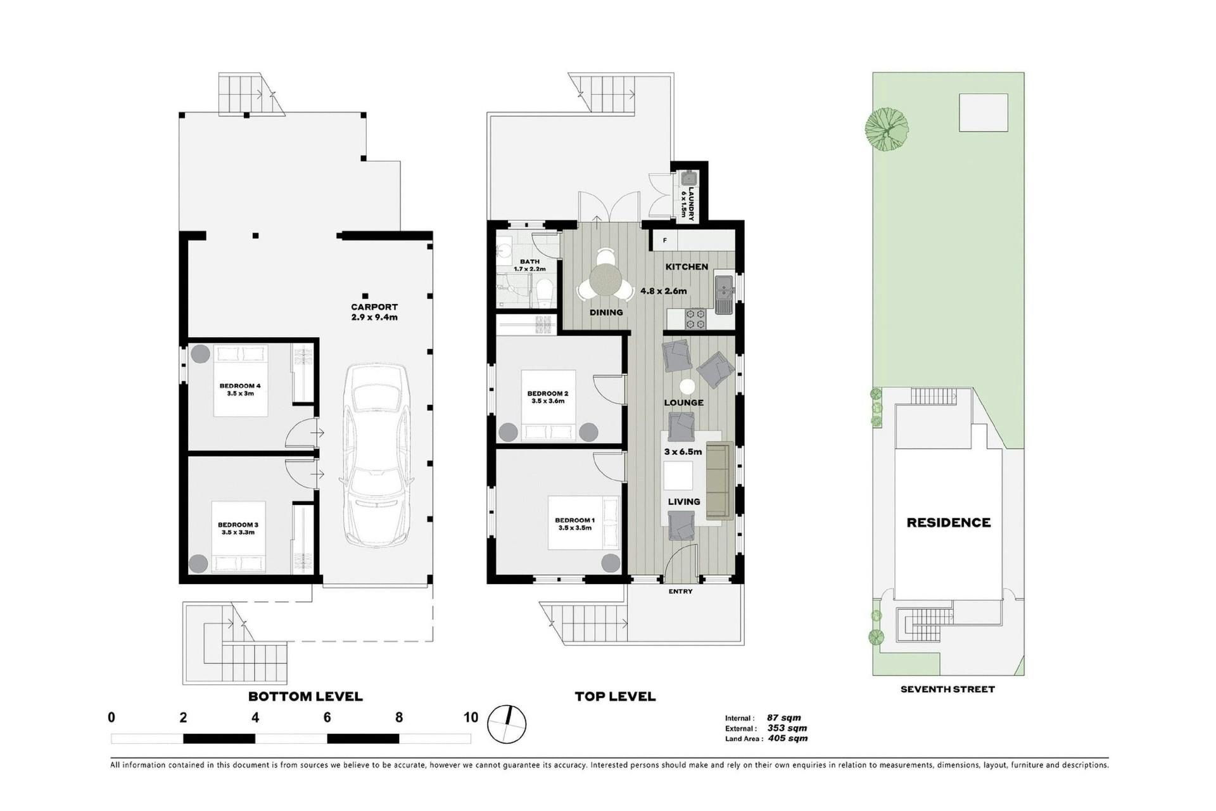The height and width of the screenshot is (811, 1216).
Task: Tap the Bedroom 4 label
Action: (240, 390)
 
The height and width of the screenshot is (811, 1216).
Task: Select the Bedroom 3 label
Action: (238, 528)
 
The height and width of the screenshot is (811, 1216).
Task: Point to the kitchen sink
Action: (724, 295)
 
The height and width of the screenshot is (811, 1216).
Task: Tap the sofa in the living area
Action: (719, 480)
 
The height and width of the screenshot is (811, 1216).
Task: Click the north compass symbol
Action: (507, 724)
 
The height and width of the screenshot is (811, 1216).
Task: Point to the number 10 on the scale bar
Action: (471, 717)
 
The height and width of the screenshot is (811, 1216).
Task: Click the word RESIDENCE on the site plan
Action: (948, 523)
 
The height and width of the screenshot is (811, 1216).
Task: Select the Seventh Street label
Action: (947, 689)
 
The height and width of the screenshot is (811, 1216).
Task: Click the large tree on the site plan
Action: (887, 129)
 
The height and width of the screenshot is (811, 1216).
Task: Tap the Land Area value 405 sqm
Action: (788, 738)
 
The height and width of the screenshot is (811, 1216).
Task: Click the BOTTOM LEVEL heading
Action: (305, 697)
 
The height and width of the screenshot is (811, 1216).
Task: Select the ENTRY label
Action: (681, 592)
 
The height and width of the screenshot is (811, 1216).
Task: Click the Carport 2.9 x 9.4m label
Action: (374, 312)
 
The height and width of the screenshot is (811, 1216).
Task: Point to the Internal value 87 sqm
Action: (784, 718)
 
